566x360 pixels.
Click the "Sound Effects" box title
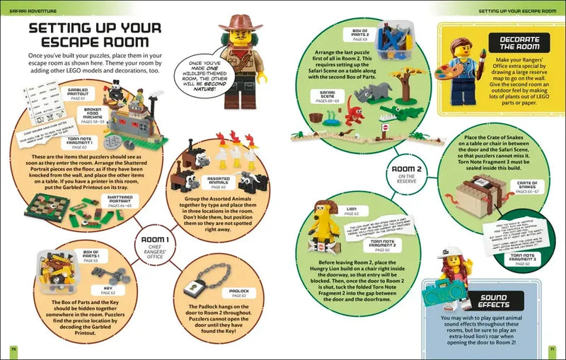(495, 299)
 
